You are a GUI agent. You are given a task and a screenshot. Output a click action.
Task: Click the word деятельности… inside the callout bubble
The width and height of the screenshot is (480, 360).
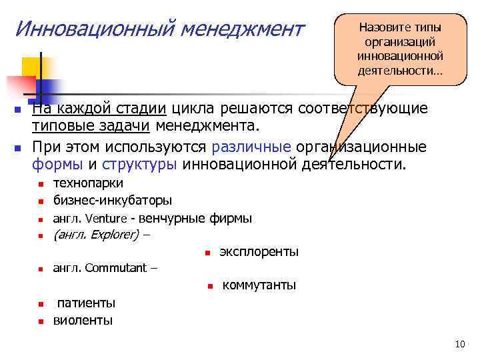tap(400, 71)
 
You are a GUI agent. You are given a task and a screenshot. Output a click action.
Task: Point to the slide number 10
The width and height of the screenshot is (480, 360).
tap(459, 344)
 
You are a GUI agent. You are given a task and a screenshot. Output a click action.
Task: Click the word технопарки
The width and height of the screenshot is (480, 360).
tap(88, 183)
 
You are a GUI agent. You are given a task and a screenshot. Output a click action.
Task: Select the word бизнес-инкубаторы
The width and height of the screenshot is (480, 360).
tap(113, 200)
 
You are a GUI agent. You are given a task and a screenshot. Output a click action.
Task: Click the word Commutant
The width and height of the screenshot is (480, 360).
tap(117, 268)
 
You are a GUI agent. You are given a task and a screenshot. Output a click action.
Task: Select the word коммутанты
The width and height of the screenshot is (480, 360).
tap(259, 285)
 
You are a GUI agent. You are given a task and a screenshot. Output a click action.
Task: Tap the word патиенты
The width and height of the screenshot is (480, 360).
tap(86, 303)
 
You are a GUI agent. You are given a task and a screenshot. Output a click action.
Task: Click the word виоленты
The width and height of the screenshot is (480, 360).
tap(83, 320)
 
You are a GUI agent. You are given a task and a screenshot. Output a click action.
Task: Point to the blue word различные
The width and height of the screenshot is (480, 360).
tap(251, 147)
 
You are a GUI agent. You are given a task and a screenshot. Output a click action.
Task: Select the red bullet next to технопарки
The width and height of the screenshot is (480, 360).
tap(41, 184)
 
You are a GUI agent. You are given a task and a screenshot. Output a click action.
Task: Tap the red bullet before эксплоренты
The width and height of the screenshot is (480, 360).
tap(207, 253)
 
